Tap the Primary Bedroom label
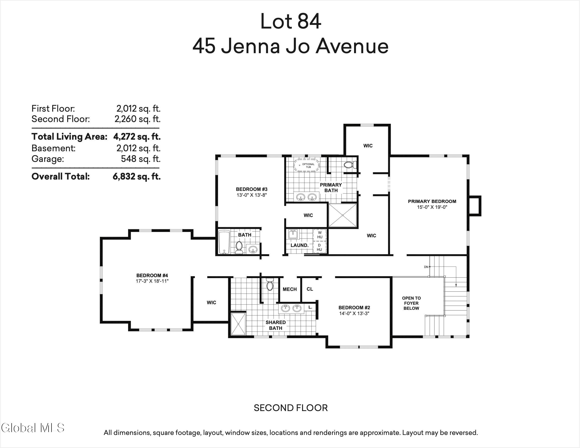tap(432, 201)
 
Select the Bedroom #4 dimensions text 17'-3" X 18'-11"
tap(152, 281)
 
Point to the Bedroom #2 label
tap(354, 308)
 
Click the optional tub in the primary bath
tap(307, 166)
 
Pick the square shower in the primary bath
tap(343, 215)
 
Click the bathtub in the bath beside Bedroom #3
tap(224, 242)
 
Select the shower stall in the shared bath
tap(239, 324)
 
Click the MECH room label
tap(290, 289)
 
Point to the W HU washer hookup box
tap(320, 235)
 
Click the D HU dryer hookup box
tap(319, 247)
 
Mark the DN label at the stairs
tap(426, 267)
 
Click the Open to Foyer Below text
tap(411, 303)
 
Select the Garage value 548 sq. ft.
tap(141, 159)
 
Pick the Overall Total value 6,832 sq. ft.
tap(137, 176)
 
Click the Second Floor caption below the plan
tap(290, 408)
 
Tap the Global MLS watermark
tap(32, 428)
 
